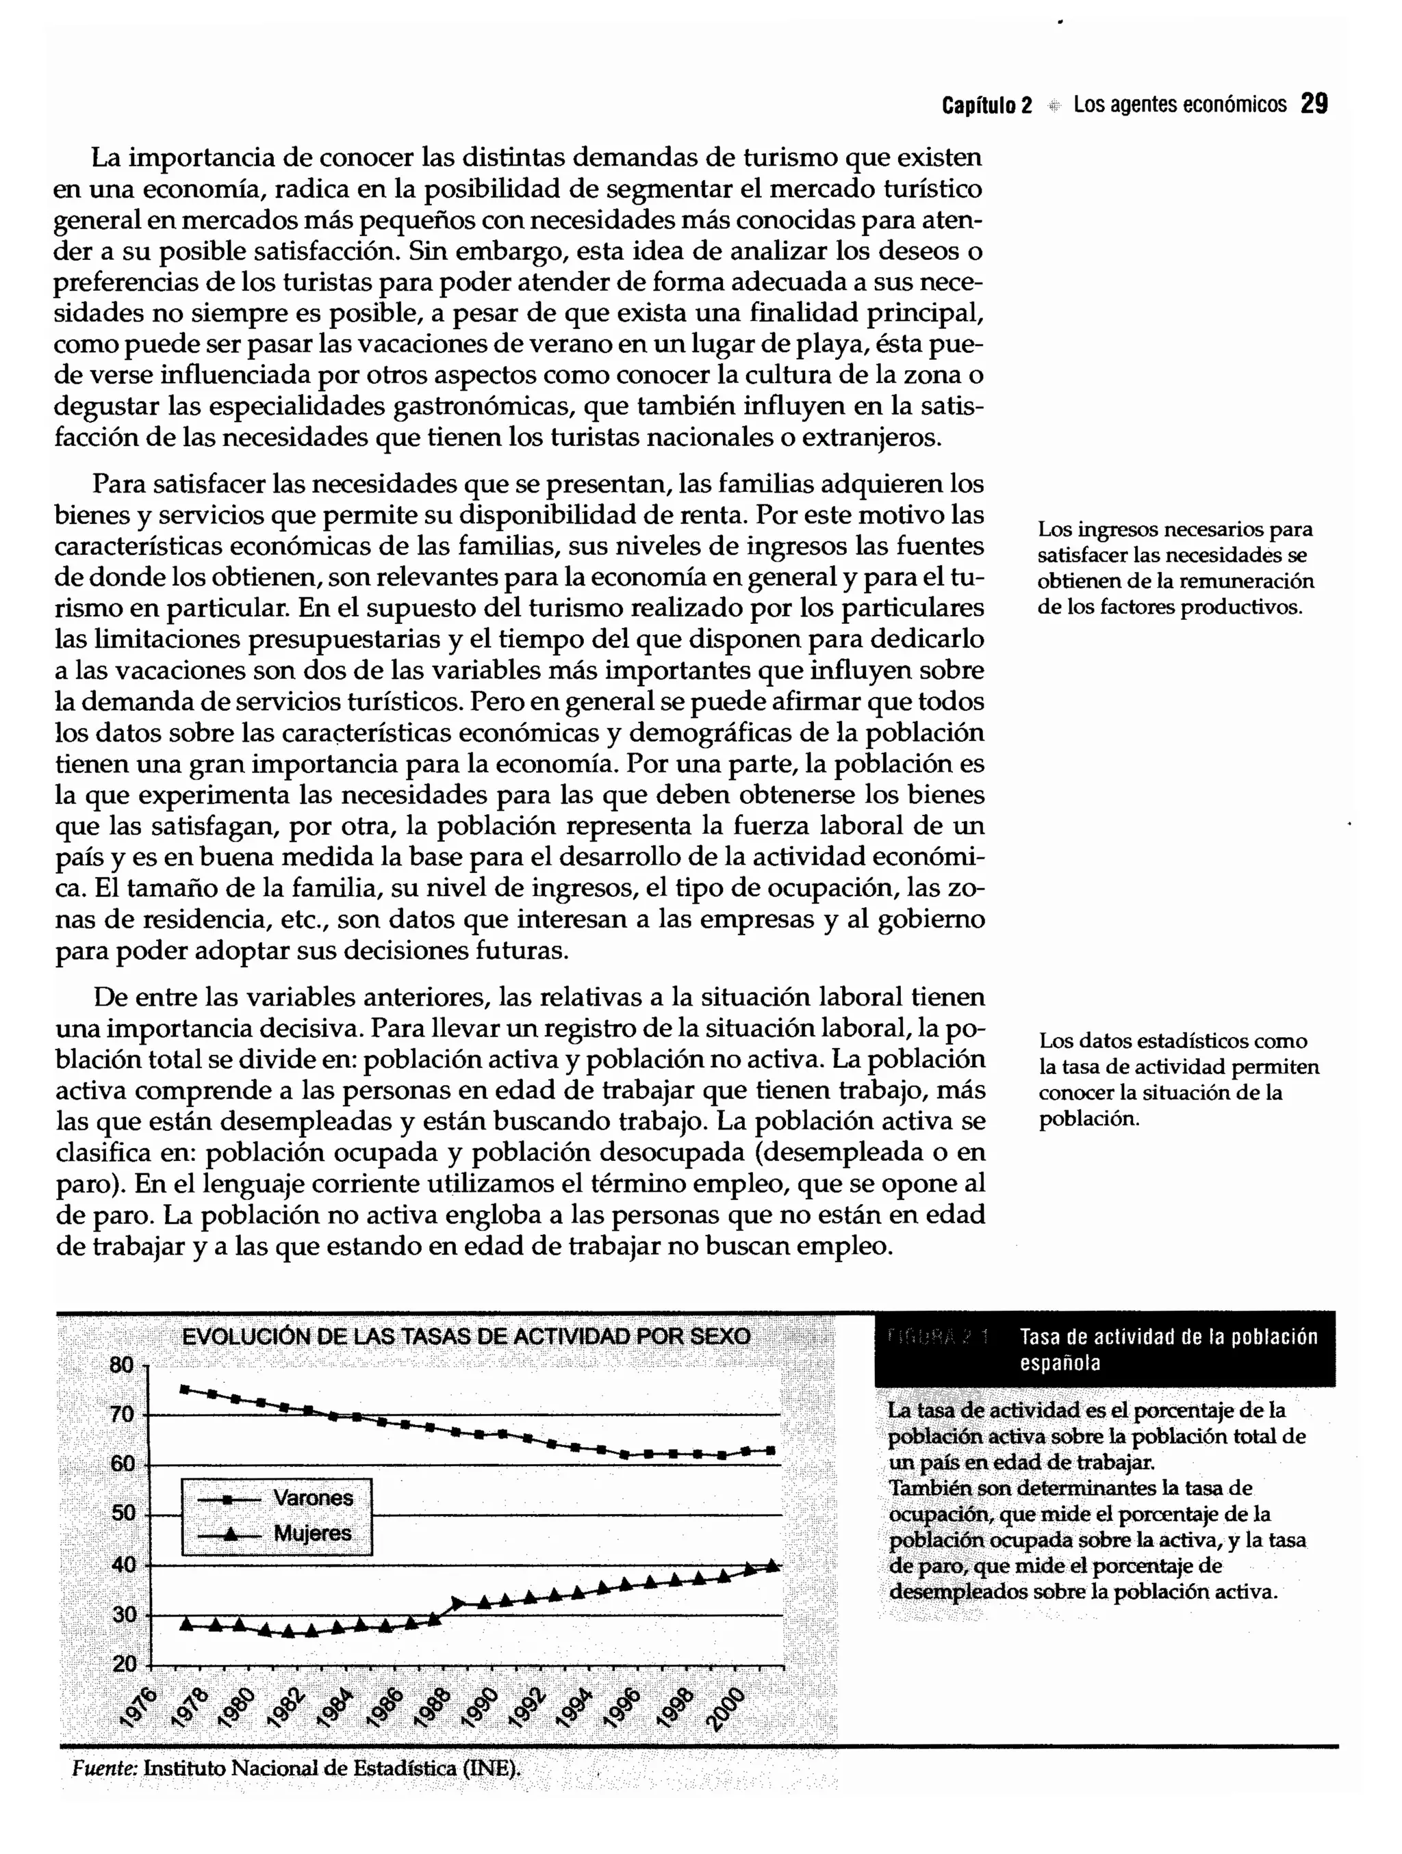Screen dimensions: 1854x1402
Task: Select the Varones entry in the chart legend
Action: [313, 1498]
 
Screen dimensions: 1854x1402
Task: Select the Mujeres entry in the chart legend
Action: [313, 1534]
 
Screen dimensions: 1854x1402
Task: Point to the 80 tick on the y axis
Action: [123, 1366]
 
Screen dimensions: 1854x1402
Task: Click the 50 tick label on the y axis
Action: [123, 1514]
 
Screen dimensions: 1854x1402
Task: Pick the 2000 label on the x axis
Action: [726, 1708]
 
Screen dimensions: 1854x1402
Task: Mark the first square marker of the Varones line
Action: [184, 1389]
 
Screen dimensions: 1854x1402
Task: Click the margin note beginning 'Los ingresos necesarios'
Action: [1175, 567]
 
